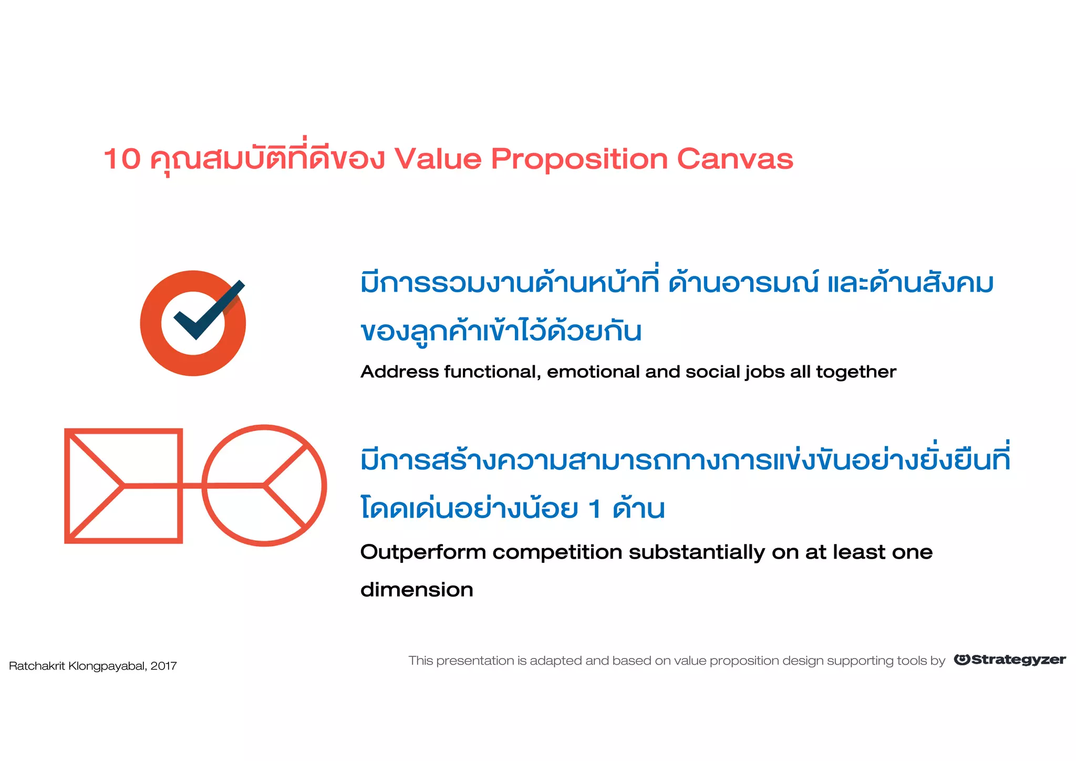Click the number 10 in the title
coord(122,159)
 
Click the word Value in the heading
coord(438,159)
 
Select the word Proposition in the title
coord(579,160)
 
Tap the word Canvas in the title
coord(734,159)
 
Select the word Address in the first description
coord(399,372)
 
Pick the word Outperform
coord(422,553)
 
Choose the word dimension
coord(417,590)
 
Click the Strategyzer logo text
coord(1018,660)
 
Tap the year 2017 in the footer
coord(163,666)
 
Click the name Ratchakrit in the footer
coord(37,666)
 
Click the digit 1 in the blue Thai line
coord(595,509)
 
